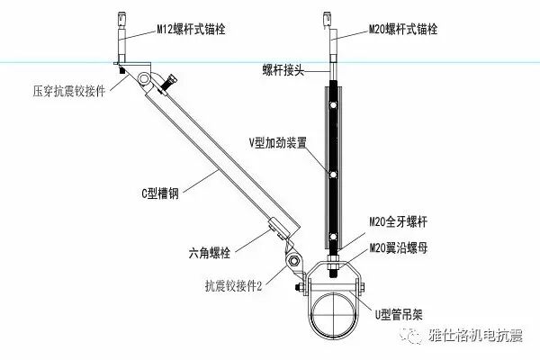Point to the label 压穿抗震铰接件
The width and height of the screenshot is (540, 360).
[68, 91]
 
